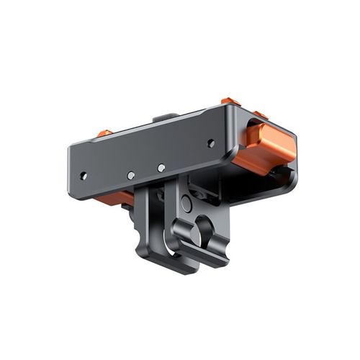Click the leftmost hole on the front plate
[x=84, y=175]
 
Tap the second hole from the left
[x=130, y=175]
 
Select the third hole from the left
[x=161, y=168]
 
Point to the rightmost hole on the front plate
[x=211, y=143]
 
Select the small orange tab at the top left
[x=105, y=133]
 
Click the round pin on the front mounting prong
[x=186, y=204]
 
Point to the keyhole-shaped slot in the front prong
[x=203, y=230]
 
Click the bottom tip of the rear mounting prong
[x=180, y=266]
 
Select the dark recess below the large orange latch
[x=277, y=176]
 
